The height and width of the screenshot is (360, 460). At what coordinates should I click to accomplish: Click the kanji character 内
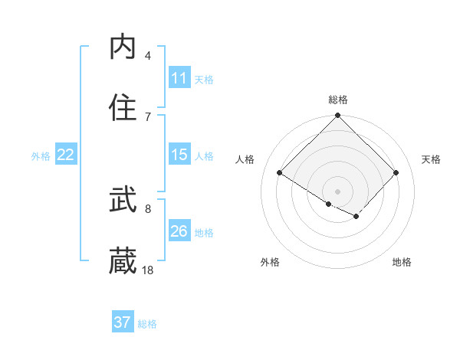(123, 47)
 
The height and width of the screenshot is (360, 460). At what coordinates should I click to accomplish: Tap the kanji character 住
(123, 108)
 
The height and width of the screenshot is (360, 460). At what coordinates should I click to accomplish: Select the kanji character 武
(123, 201)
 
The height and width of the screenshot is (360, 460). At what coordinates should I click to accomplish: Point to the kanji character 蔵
(123, 261)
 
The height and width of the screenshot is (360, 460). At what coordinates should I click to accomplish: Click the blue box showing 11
(179, 78)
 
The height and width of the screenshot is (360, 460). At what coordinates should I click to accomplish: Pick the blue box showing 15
(179, 155)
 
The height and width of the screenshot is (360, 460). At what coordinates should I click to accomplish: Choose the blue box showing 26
(179, 231)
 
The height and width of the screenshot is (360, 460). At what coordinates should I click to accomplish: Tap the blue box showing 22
(66, 155)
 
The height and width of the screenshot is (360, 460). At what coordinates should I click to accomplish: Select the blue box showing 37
(123, 322)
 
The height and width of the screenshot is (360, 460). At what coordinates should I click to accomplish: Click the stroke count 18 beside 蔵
(148, 270)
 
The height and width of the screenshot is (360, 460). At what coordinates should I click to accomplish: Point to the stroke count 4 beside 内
(148, 56)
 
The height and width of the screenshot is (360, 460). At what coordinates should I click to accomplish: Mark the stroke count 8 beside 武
(148, 208)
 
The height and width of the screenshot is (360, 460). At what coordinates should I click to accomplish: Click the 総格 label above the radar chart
(338, 100)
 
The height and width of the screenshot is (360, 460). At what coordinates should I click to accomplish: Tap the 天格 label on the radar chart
(432, 159)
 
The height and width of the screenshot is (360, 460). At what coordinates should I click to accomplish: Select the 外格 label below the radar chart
(270, 262)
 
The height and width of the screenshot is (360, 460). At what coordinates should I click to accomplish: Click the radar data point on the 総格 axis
(338, 116)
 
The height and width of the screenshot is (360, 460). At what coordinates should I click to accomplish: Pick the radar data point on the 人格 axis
(280, 173)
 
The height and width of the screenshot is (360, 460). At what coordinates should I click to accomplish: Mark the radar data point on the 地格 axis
(356, 217)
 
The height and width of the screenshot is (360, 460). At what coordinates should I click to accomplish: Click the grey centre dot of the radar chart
(338, 191)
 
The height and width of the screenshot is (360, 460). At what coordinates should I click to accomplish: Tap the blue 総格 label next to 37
(147, 324)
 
